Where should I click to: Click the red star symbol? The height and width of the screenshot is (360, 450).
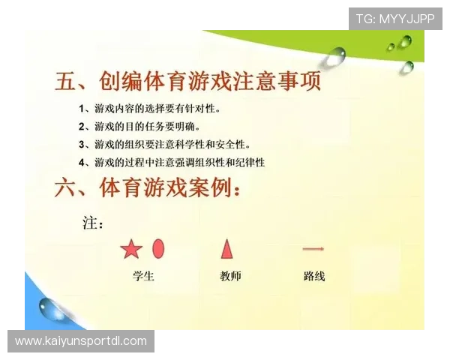point(130,249)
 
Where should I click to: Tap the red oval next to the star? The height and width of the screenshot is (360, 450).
point(158,248)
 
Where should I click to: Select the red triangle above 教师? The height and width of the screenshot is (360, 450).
point(226,248)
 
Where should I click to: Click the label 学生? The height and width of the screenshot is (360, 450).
point(143,276)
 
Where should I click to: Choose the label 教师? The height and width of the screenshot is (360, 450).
point(230,276)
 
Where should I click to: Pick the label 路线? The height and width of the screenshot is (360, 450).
point(314,276)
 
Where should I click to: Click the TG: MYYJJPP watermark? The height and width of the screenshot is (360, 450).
point(395,18)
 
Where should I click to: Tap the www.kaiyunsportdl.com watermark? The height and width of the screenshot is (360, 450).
point(81,341)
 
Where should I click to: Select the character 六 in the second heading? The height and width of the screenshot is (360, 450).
point(67,188)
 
